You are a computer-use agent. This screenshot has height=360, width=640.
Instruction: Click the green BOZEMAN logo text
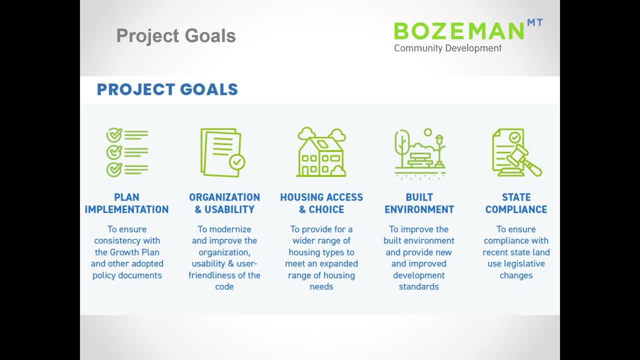tap(459, 31)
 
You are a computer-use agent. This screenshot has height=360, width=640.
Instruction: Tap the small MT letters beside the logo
tap(535, 22)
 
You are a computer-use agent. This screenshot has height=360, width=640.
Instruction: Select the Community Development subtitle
tap(447, 48)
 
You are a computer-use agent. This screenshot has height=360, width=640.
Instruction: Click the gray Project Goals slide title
tap(176, 35)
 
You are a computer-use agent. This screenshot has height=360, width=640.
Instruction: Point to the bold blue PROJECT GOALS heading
tap(167, 89)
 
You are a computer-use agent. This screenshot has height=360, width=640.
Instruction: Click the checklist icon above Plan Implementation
tap(127, 152)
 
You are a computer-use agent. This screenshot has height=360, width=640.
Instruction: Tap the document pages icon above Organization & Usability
tap(222, 152)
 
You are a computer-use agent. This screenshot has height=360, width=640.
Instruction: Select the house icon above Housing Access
tap(321, 152)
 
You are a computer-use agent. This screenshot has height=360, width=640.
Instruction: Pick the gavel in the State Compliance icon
tap(524, 160)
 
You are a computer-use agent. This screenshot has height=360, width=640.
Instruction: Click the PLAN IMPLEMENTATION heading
tap(126, 203)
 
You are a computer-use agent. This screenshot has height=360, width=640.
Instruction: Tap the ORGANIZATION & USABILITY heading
tap(224, 203)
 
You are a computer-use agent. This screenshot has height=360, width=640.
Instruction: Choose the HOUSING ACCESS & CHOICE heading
tap(321, 203)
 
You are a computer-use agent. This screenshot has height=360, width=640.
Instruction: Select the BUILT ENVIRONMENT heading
tap(419, 203)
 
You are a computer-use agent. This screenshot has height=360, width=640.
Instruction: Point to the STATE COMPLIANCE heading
tap(516, 203)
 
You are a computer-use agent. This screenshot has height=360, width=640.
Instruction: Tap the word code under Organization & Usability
tap(224, 286)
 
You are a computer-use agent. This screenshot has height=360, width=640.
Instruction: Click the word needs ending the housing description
tap(321, 286)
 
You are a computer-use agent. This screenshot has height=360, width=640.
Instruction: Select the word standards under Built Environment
tap(419, 286)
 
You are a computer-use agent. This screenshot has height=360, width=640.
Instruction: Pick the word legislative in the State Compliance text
tap(524, 264)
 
